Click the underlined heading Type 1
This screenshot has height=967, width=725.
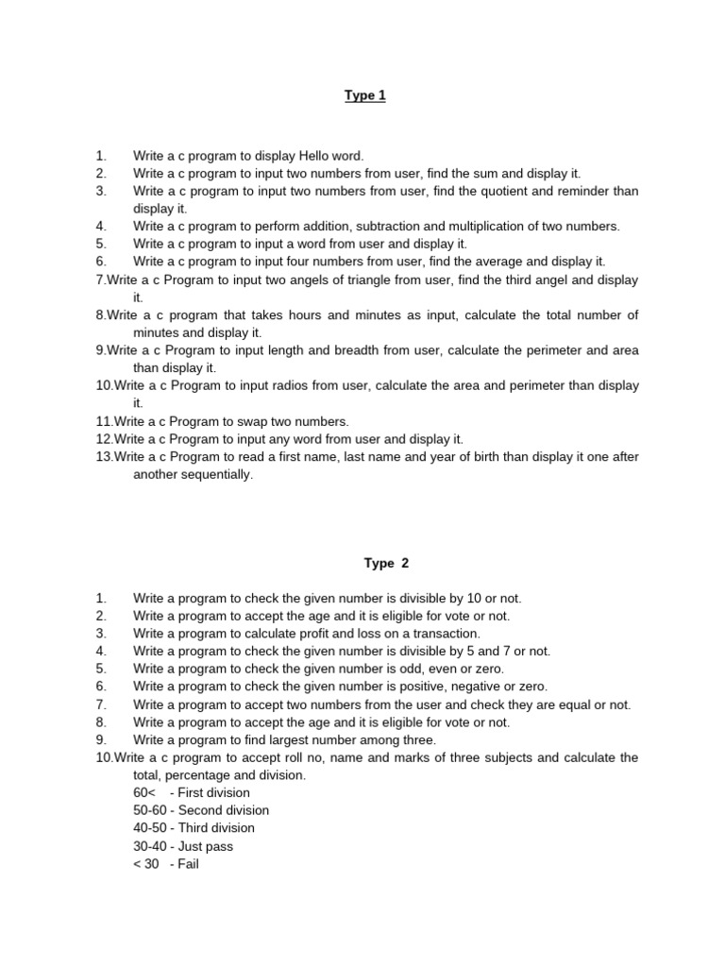365,95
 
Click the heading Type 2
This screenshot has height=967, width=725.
386,563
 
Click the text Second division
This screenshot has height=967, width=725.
223,810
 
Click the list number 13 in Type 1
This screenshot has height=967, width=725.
104,457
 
